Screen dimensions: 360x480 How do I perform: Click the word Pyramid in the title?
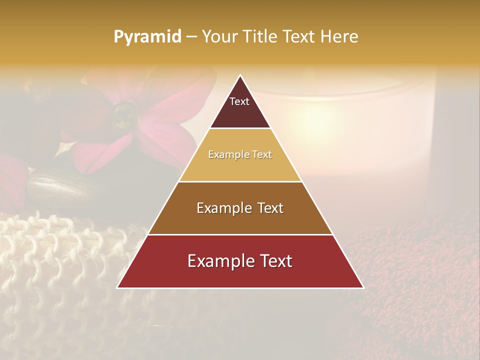[x=147, y=37]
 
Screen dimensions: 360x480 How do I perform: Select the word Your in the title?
[x=219, y=37]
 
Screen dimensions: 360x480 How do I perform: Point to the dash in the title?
[x=191, y=37]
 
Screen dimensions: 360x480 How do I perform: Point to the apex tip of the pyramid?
[x=240, y=76]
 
